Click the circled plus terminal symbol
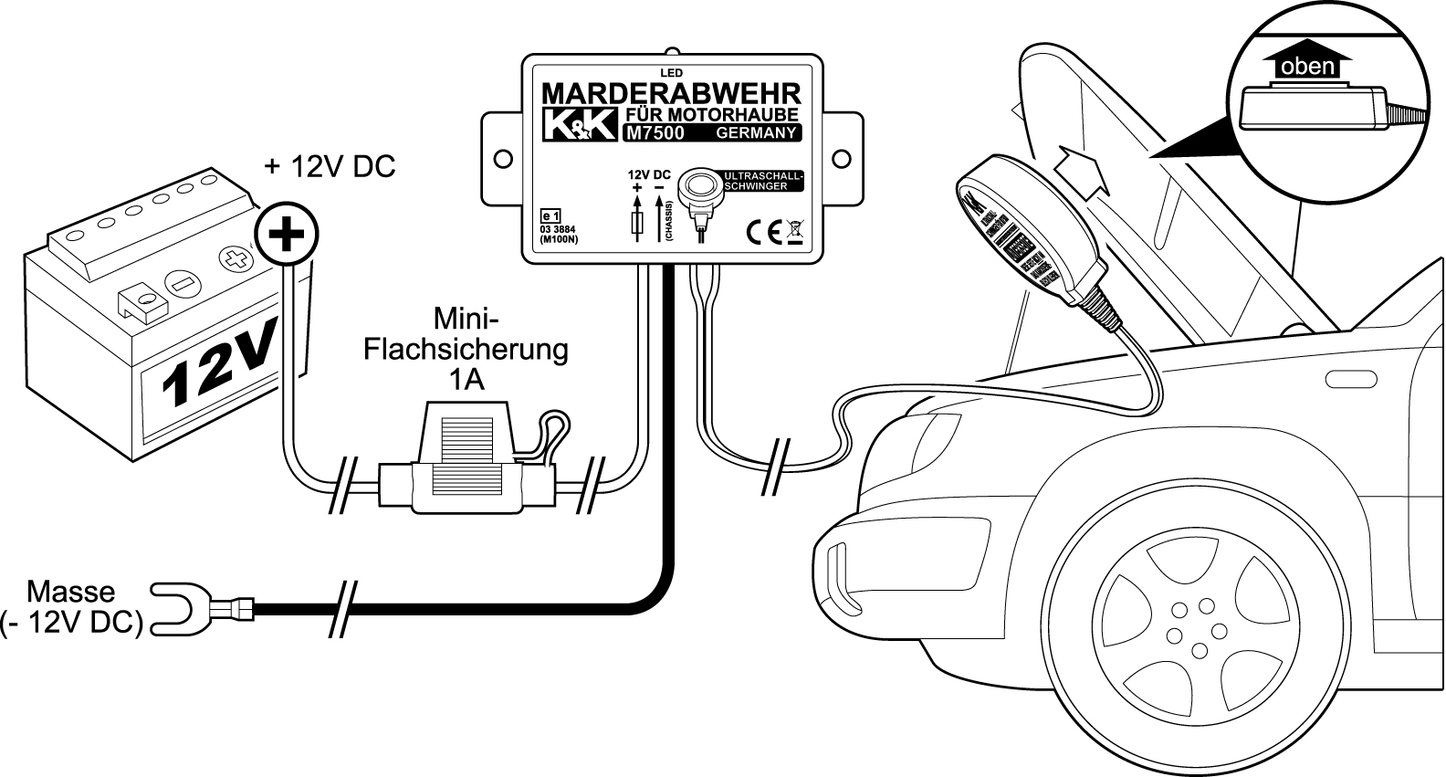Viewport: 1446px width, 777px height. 287,236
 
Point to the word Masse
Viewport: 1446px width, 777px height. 71,592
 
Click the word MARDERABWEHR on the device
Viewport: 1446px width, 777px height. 671,93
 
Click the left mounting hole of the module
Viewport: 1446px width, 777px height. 502,159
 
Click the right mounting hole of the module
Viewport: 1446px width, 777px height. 843,159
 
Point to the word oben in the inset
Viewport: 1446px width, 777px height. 1307,67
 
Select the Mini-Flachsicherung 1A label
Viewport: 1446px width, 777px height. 466,349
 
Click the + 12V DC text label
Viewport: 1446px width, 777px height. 330,167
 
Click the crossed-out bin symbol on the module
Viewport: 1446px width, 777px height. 794,233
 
